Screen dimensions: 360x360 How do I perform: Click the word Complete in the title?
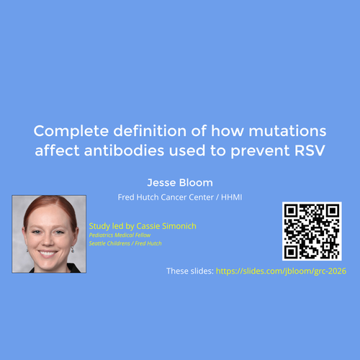point(71,132)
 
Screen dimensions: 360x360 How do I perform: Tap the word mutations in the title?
point(287,131)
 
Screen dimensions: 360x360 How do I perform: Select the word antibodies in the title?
point(124,150)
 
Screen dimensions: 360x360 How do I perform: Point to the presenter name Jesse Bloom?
point(180,183)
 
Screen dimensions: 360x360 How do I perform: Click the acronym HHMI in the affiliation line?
point(231,197)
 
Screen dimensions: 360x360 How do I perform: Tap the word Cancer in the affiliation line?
point(174,197)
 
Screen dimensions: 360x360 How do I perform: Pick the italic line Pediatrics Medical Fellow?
point(120,235)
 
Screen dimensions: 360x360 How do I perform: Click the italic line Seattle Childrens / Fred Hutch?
point(125,243)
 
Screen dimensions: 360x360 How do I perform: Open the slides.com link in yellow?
point(281,271)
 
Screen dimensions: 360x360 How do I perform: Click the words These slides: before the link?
point(190,271)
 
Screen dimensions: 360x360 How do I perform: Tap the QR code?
point(312,231)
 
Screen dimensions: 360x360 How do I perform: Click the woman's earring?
point(73,250)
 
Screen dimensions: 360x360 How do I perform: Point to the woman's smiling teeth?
point(48,253)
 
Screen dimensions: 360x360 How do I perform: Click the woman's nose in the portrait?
point(48,240)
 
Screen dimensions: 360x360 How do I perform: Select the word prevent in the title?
point(261,151)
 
